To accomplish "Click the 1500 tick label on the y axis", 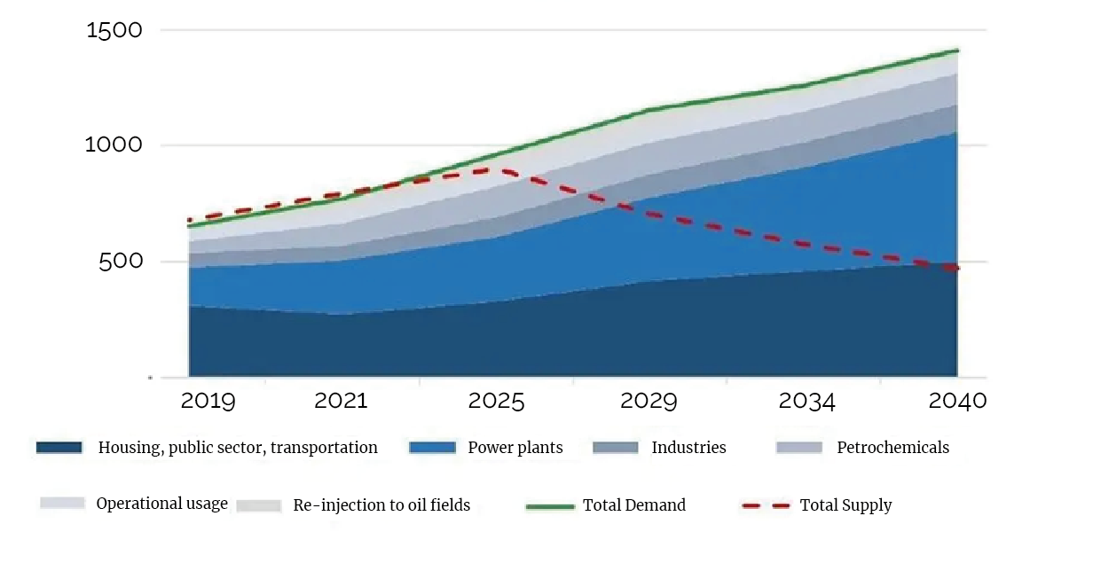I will (114, 30).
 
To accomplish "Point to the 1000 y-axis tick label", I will (114, 145).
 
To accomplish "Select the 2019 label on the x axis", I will (208, 401).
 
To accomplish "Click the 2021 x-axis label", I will (341, 401).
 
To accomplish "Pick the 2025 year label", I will (497, 401).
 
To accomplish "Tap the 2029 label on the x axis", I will (649, 401).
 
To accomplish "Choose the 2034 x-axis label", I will (806, 401).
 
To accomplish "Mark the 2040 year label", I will (957, 401).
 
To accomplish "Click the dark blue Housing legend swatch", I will (59, 448).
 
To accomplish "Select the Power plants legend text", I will (515, 448).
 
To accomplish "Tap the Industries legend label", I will (688, 448).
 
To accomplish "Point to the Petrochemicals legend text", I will (893, 448).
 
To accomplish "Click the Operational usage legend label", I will (161, 504).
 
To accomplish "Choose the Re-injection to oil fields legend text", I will (381, 506).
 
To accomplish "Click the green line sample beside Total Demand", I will (550, 506).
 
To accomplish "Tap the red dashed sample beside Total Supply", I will (766, 506).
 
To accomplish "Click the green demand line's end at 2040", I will (957, 51).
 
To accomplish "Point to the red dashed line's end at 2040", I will (957, 268).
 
